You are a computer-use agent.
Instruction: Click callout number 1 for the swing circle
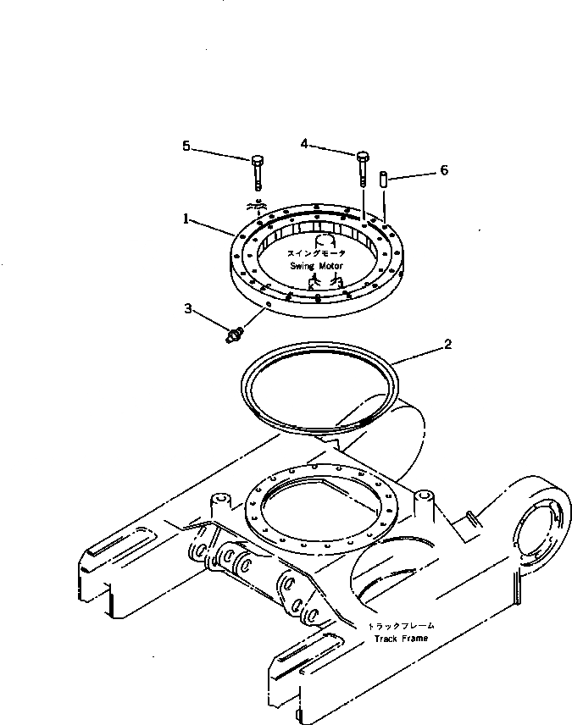[x=186, y=218]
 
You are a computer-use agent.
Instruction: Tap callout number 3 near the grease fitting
[x=188, y=308]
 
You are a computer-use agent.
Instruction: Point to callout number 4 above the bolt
[x=304, y=144]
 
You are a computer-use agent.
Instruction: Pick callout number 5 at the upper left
[x=186, y=146]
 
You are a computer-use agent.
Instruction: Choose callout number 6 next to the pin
[x=443, y=170]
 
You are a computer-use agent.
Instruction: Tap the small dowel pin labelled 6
[x=383, y=180]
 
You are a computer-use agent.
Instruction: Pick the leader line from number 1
[x=212, y=225]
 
